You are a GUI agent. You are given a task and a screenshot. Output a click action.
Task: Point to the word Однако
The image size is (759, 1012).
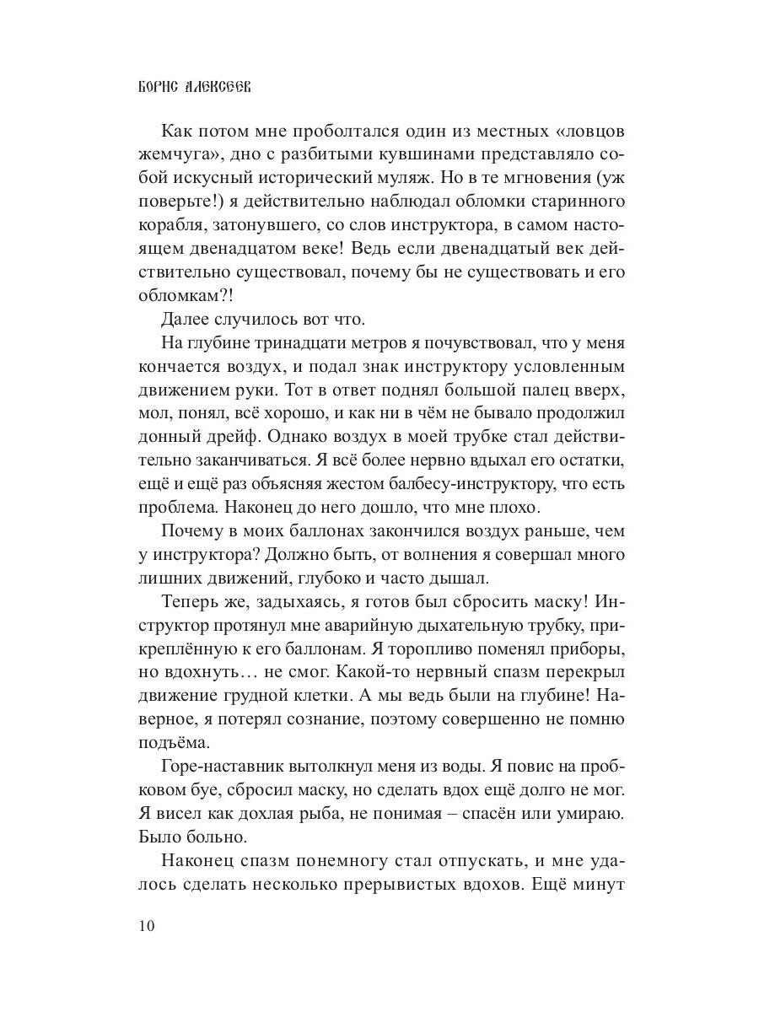click(298, 444)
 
